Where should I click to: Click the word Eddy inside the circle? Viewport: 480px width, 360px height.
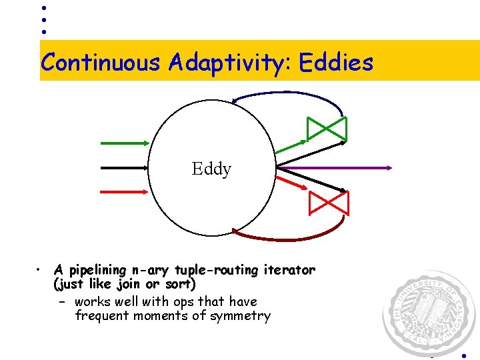click(211, 169)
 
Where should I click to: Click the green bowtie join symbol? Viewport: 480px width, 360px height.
click(327, 129)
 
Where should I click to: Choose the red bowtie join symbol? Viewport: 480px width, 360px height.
click(328, 203)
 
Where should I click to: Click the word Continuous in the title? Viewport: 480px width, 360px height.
click(101, 63)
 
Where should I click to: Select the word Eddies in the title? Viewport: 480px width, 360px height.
click(336, 63)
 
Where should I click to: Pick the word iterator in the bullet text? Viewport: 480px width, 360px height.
click(291, 270)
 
